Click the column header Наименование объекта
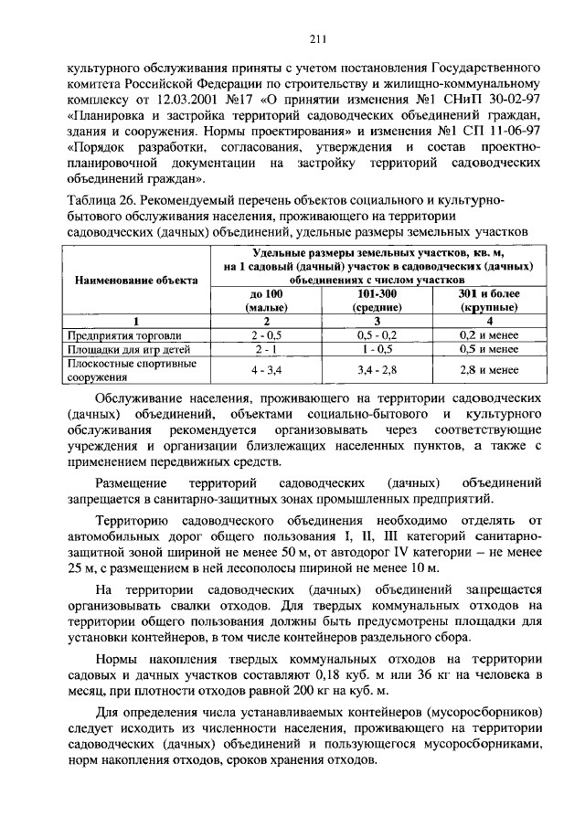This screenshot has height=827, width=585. (135, 281)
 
